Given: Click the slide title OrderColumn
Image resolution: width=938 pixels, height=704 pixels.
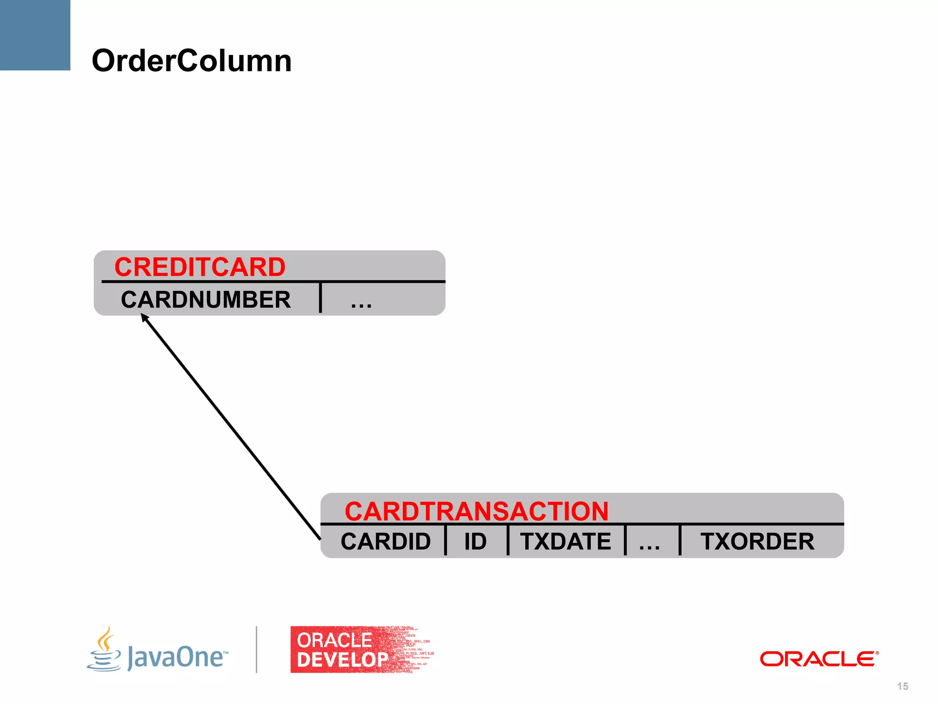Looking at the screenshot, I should [191, 61].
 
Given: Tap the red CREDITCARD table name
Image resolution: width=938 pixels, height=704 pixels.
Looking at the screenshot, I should [200, 267].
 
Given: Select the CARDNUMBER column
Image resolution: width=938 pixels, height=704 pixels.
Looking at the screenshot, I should [206, 300].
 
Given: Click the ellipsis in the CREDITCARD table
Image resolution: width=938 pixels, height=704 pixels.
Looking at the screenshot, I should [361, 303].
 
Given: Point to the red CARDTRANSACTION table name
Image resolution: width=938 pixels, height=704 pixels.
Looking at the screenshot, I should [476, 511].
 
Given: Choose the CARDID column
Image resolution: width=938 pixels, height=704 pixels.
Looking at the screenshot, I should [386, 541].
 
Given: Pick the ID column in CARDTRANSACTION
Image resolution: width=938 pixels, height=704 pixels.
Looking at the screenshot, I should [475, 541].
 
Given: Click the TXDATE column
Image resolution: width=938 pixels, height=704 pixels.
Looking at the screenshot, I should [566, 541].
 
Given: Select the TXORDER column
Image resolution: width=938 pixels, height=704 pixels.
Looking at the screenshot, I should [758, 541].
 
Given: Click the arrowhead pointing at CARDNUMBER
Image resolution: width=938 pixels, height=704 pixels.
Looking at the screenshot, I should [144, 317].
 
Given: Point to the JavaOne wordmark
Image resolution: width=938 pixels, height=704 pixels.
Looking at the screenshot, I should [176, 657].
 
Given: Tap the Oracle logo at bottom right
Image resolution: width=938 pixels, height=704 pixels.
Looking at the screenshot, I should [819, 659].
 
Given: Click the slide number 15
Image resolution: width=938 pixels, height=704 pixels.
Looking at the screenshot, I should [902, 686].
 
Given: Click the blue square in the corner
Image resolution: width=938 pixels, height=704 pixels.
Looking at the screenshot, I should [35, 35].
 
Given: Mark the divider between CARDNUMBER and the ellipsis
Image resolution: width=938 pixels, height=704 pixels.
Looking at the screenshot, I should [321, 298].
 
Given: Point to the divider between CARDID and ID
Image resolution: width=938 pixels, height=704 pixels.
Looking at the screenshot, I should [445, 540].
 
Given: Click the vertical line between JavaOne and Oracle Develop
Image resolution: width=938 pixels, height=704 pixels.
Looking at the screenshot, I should [256, 649].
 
